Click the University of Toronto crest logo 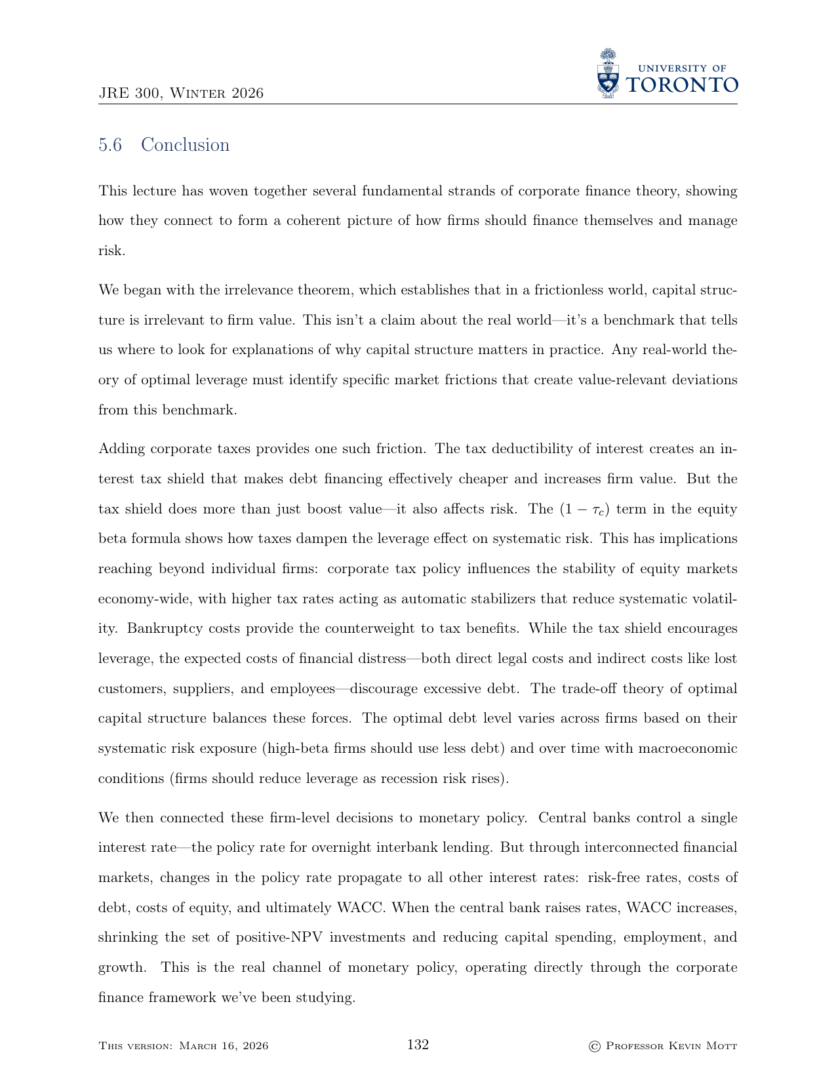tap(609, 73)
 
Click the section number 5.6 tap(110, 145)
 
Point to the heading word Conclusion tap(186, 145)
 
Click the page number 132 tap(418, 1045)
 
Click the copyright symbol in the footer tap(595, 1046)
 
